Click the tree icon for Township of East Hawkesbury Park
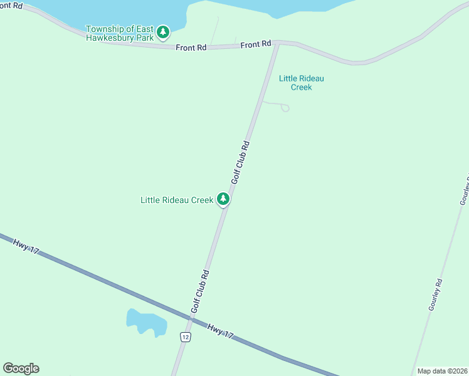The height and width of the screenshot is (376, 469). (x=163, y=31)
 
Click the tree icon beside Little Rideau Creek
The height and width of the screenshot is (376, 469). (x=223, y=199)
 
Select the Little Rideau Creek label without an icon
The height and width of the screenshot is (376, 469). (x=301, y=83)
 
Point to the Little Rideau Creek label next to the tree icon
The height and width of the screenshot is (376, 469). (x=176, y=200)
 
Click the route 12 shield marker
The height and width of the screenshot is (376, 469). (x=185, y=337)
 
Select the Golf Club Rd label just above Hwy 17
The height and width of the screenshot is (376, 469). (x=199, y=291)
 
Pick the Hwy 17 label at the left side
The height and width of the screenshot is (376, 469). (x=26, y=246)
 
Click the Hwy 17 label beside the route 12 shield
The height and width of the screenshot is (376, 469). (x=219, y=332)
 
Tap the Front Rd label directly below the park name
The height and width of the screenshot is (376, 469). (x=191, y=47)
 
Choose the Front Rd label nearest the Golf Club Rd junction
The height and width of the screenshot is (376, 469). (x=256, y=44)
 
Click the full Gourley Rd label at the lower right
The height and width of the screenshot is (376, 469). (x=436, y=295)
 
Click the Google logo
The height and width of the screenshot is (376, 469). (x=21, y=368)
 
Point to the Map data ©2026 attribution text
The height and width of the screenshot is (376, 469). (x=442, y=371)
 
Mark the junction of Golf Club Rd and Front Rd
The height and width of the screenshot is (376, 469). (x=275, y=43)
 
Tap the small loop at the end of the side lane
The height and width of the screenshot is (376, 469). (x=285, y=108)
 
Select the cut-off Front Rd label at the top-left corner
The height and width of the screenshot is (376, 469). (x=11, y=5)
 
